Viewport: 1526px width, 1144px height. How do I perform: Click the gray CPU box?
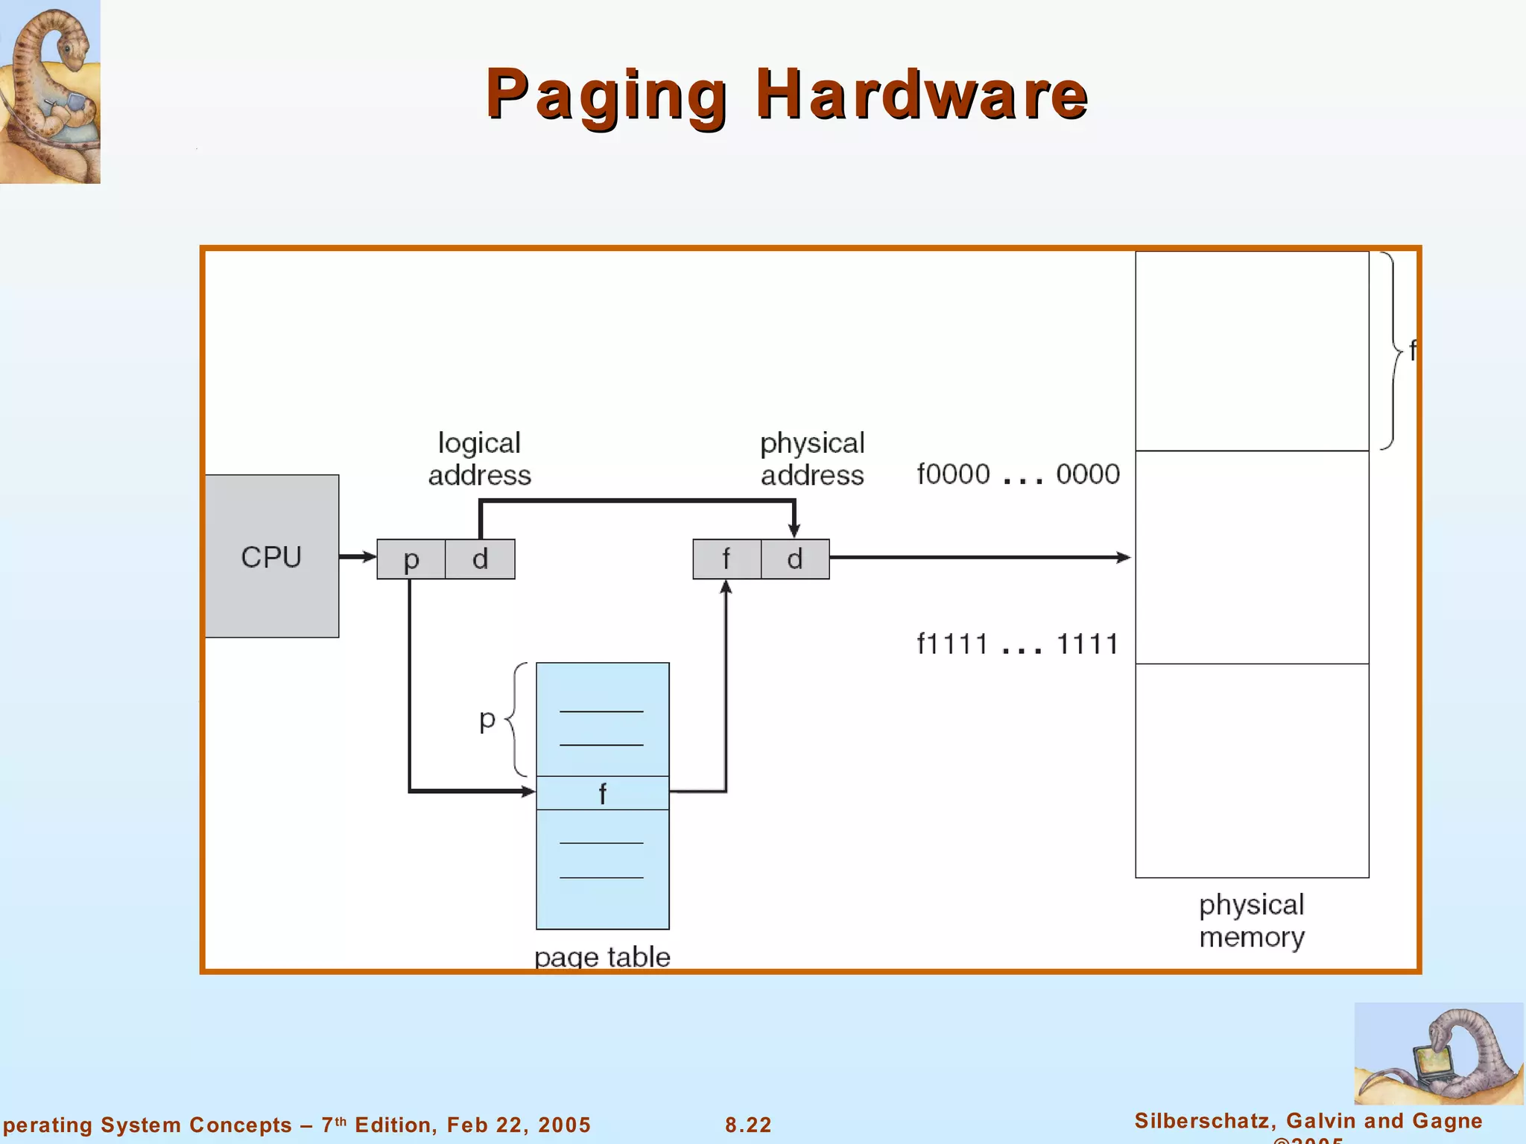pos(272,556)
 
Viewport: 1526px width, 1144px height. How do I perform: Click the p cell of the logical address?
pos(411,559)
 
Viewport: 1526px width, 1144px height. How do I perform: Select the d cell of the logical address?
pos(480,559)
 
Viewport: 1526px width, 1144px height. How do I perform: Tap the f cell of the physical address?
pos(726,559)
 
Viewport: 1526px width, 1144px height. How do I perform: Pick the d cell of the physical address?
pos(795,559)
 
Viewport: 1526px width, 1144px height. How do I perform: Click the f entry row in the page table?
pos(602,793)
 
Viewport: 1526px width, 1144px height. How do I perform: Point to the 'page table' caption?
pos(602,956)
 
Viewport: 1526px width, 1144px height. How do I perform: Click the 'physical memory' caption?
pos(1252,921)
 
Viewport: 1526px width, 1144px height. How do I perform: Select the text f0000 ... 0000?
pos(1018,474)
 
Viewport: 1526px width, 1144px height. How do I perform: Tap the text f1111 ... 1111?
pos(1018,644)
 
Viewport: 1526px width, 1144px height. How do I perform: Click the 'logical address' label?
pos(479,459)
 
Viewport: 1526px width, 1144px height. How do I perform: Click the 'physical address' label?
pos(812,459)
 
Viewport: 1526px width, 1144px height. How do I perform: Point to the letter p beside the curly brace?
pos(487,719)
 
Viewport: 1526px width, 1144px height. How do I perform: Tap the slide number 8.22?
pos(748,1125)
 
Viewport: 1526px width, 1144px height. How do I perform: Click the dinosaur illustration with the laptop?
pos(1438,1054)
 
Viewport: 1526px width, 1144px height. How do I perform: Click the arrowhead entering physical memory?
pos(1124,557)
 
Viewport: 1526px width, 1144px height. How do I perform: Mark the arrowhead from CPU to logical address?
pos(368,556)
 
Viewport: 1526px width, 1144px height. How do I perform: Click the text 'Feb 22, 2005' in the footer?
pos(519,1125)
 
